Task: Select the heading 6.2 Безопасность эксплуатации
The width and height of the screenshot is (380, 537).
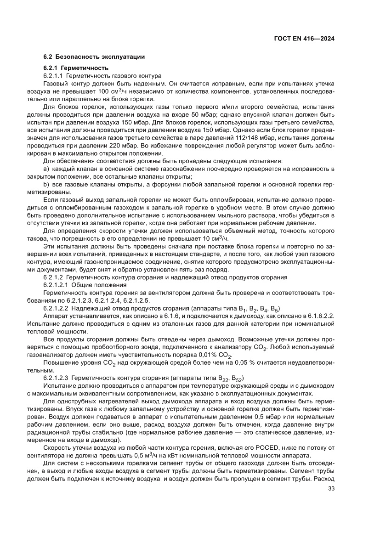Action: [94, 57]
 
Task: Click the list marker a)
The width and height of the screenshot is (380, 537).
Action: [46, 169]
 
